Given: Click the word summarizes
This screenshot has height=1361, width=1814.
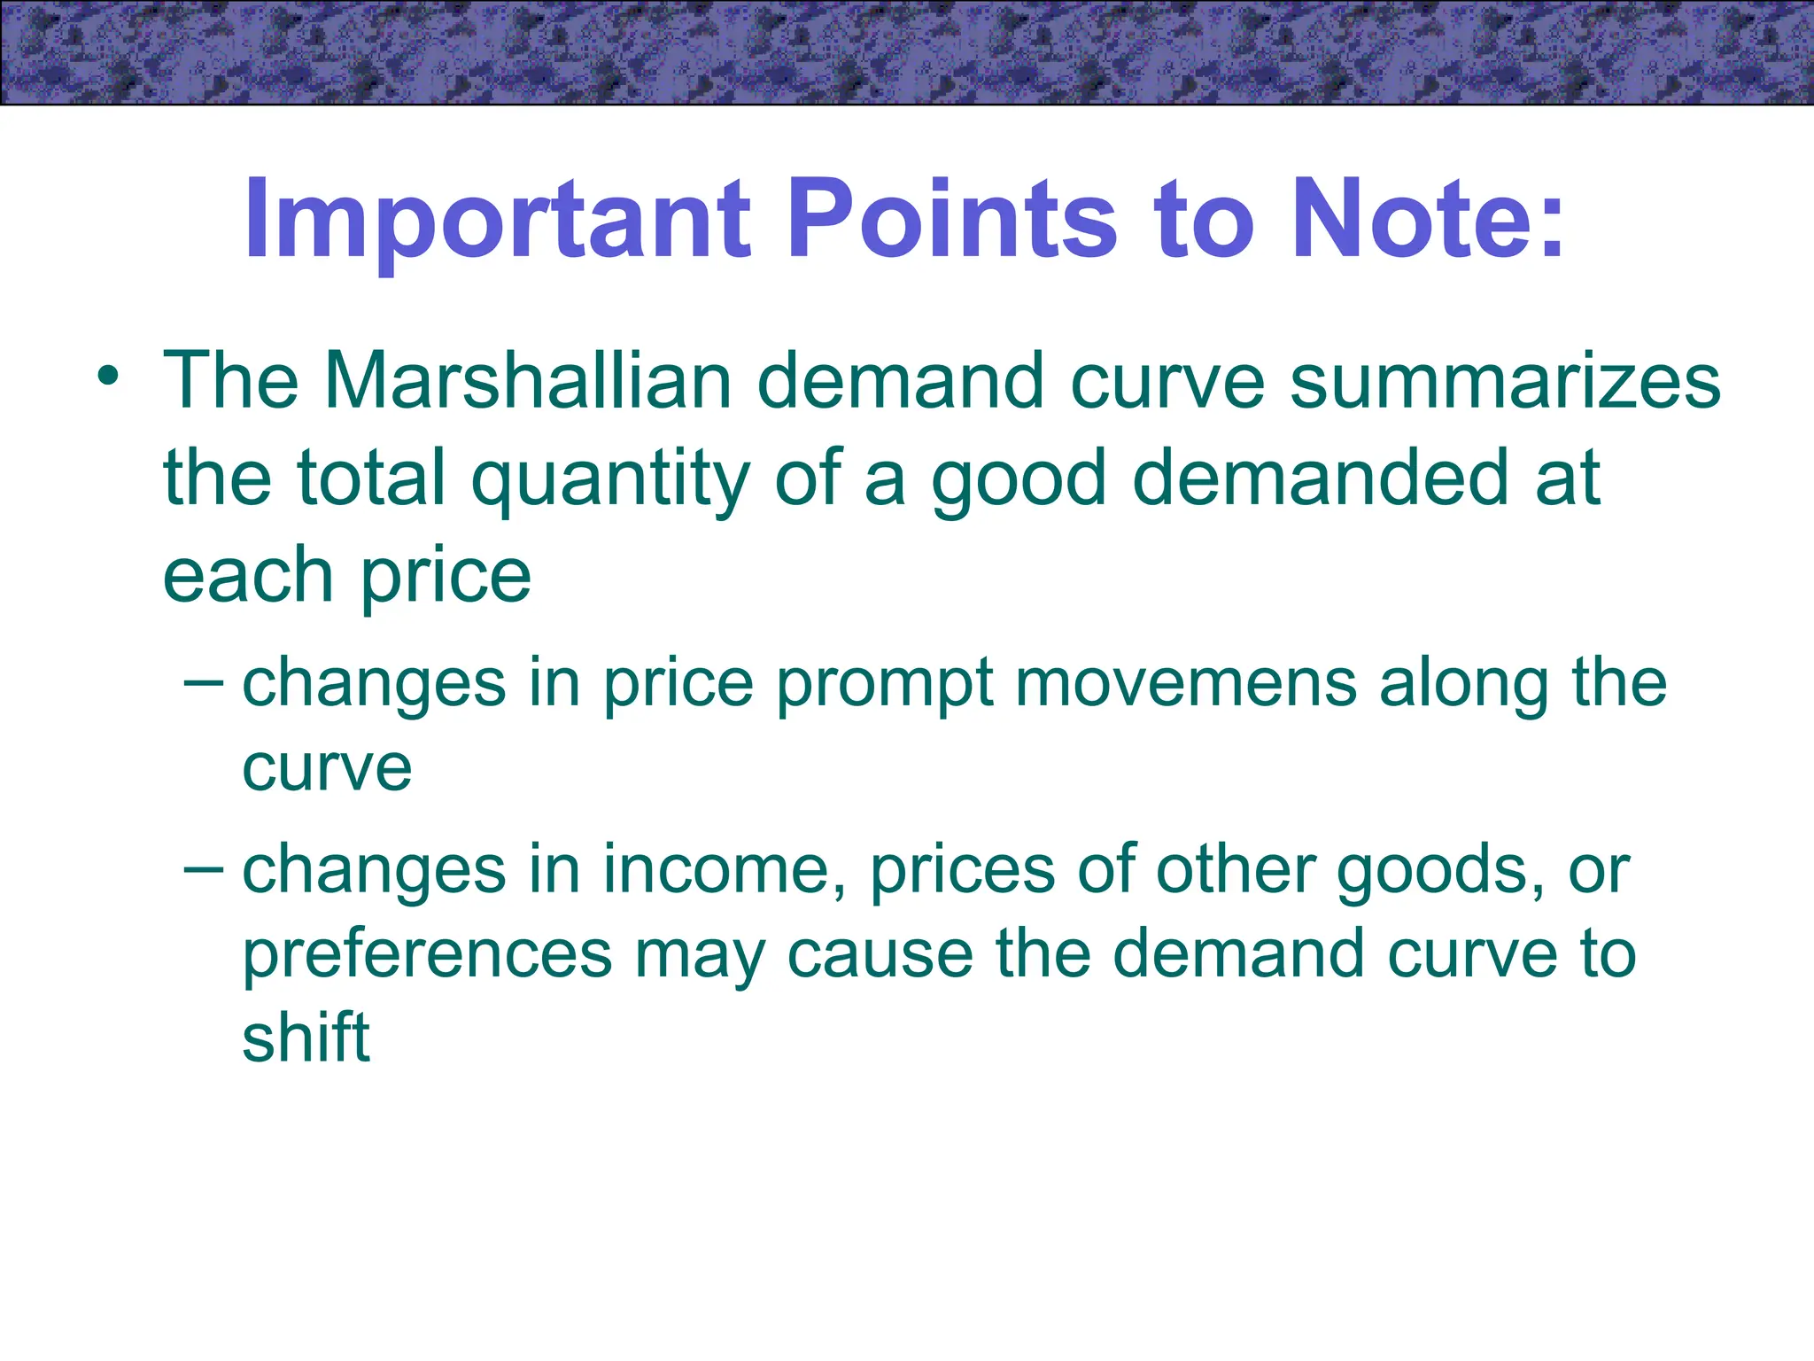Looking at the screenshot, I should [x=1505, y=381].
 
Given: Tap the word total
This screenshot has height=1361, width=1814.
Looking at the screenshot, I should [x=371, y=478].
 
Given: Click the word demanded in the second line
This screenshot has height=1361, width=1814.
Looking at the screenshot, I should [x=1320, y=478].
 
